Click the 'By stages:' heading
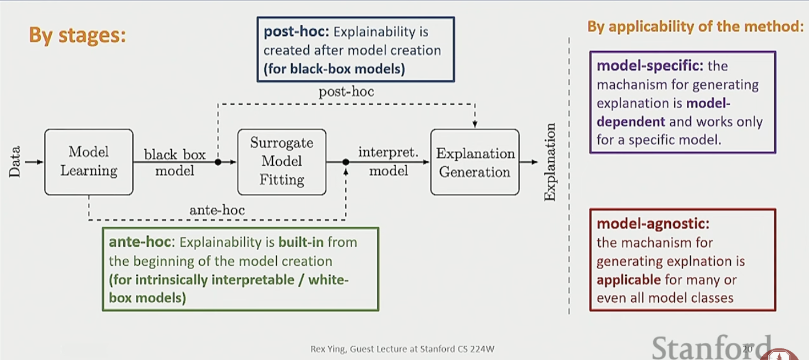78,36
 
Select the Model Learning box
89,162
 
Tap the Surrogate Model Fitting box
282,161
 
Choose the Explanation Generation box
475,162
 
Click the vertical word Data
15,161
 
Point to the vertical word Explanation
550,162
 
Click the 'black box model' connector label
174,162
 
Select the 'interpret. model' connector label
388,162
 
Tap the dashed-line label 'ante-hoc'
217,210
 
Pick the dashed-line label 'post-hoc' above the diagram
346,91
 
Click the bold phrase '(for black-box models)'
334,69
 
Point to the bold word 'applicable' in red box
628,280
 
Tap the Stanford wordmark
710,347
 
